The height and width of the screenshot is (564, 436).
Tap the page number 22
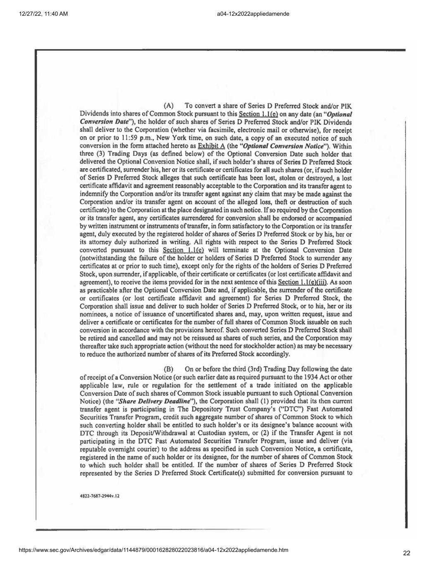pos(407,553)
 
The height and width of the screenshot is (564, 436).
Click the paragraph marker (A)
pos(168,106)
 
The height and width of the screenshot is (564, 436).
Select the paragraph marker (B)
pos(168,369)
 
